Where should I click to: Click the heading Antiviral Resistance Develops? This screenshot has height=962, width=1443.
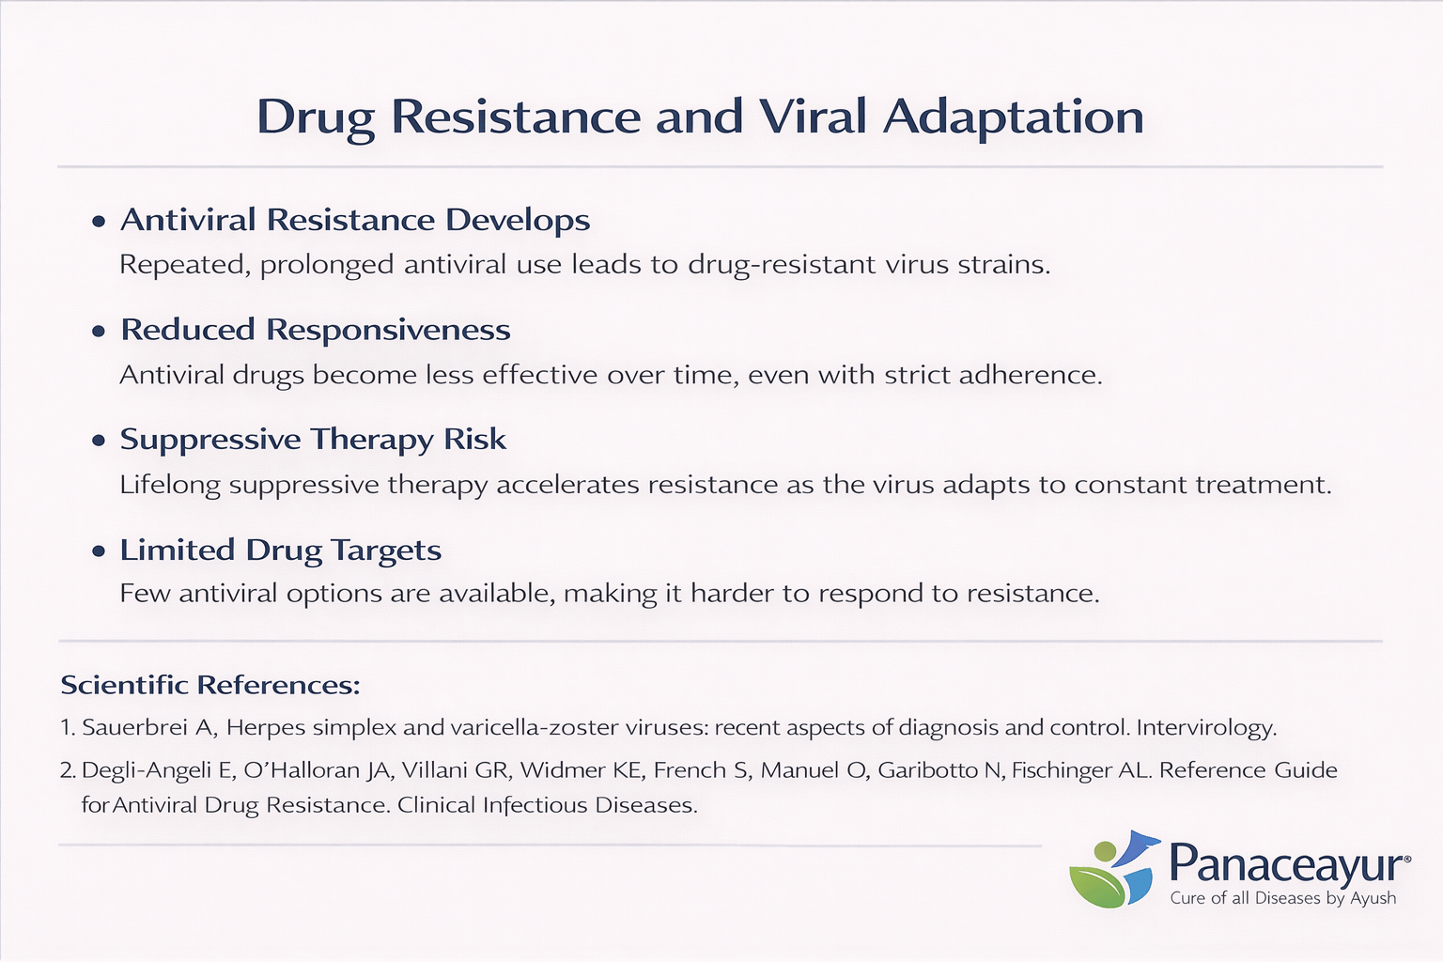(355, 220)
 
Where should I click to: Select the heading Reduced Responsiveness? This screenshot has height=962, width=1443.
(316, 330)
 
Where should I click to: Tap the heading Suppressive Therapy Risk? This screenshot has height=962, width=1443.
(313, 440)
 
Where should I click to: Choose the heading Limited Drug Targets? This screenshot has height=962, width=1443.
(280, 550)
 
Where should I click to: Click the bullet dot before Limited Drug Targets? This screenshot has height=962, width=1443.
(99, 551)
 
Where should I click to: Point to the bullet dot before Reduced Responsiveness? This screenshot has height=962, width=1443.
(99, 332)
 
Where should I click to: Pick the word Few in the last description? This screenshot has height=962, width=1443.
(145, 594)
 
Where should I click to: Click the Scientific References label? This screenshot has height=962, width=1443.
(210, 685)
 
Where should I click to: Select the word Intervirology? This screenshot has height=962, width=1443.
(1206, 728)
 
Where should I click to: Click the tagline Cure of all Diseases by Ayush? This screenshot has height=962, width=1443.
(1282, 898)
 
